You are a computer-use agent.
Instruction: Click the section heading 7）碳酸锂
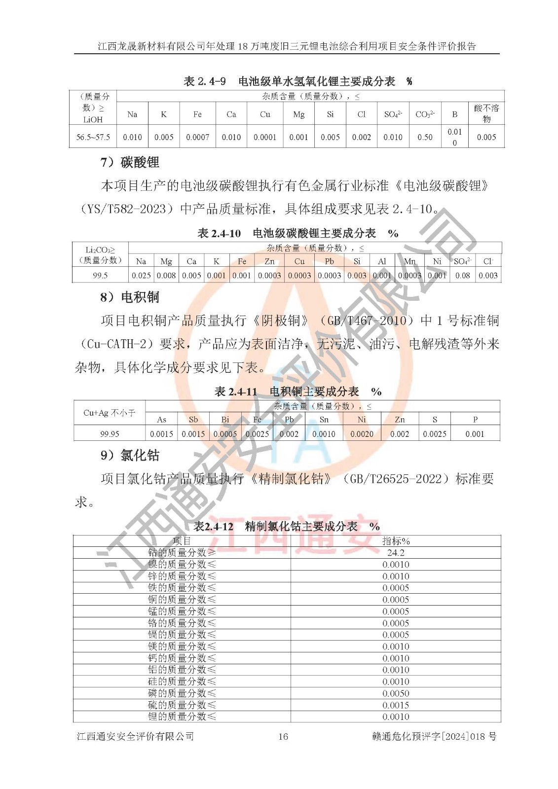coord(130,162)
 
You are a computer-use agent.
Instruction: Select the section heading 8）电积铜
coord(130,297)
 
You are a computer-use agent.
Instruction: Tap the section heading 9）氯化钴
coord(130,455)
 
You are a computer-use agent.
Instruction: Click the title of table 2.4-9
coord(298,81)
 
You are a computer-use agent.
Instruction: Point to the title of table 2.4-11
coord(298,392)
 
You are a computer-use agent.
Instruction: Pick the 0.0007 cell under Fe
coord(197,137)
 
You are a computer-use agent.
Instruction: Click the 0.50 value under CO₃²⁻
coord(425,137)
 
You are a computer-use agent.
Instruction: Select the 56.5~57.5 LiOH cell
coord(93,137)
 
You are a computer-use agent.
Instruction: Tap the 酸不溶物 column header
coord(486,113)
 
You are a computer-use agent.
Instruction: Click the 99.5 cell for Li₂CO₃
coord(100,275)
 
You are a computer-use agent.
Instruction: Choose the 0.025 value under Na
coord(141,275)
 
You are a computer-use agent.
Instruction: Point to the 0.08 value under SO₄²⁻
coord(463,275)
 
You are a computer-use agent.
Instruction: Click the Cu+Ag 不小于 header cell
coord(110,413)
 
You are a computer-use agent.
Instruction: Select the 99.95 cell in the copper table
coord(110,434)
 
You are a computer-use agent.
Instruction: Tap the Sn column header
coord(324,420)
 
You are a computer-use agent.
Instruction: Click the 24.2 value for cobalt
coord(396,553)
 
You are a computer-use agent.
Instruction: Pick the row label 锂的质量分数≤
coord(182,717)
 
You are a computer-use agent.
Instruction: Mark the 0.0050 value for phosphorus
coord(396,693)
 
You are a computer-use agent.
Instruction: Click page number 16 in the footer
coord(283,736)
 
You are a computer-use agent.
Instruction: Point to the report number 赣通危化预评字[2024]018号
coord(434,736)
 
